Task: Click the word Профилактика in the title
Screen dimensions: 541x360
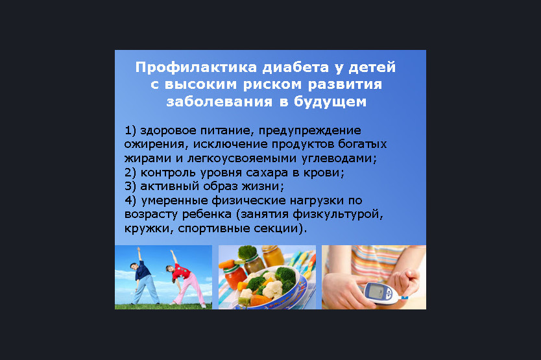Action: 196,67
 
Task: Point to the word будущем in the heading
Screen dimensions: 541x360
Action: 330,101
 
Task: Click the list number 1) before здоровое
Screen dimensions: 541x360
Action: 130,130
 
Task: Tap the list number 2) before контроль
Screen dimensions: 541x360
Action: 130,173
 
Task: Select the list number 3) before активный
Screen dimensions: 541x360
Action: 130,186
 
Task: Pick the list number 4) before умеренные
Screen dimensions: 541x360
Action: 130,200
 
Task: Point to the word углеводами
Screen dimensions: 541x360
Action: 339,158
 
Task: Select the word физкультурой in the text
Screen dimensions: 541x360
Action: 337,214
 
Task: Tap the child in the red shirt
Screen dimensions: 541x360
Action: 185,279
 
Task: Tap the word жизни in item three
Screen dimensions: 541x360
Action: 262,186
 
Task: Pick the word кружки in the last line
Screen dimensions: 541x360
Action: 149,229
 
